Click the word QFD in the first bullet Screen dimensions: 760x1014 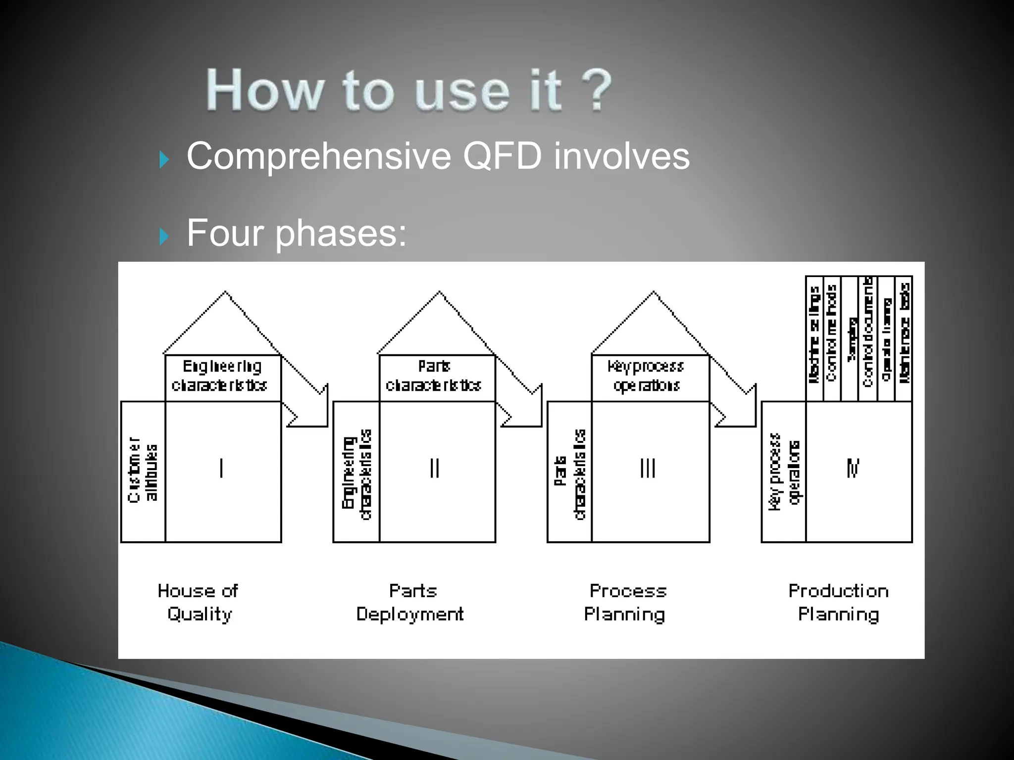(502, 156)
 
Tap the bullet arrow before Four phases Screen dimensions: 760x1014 (164, 237)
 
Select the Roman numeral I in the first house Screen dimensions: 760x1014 (221, 468)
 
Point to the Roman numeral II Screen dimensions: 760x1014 (435, 468)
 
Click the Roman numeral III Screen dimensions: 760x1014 (648, 468)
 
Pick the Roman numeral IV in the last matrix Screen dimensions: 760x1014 (853, 468)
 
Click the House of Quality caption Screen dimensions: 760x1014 (199, 602)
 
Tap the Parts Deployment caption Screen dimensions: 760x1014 (410, 602)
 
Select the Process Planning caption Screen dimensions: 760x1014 (625, 602)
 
